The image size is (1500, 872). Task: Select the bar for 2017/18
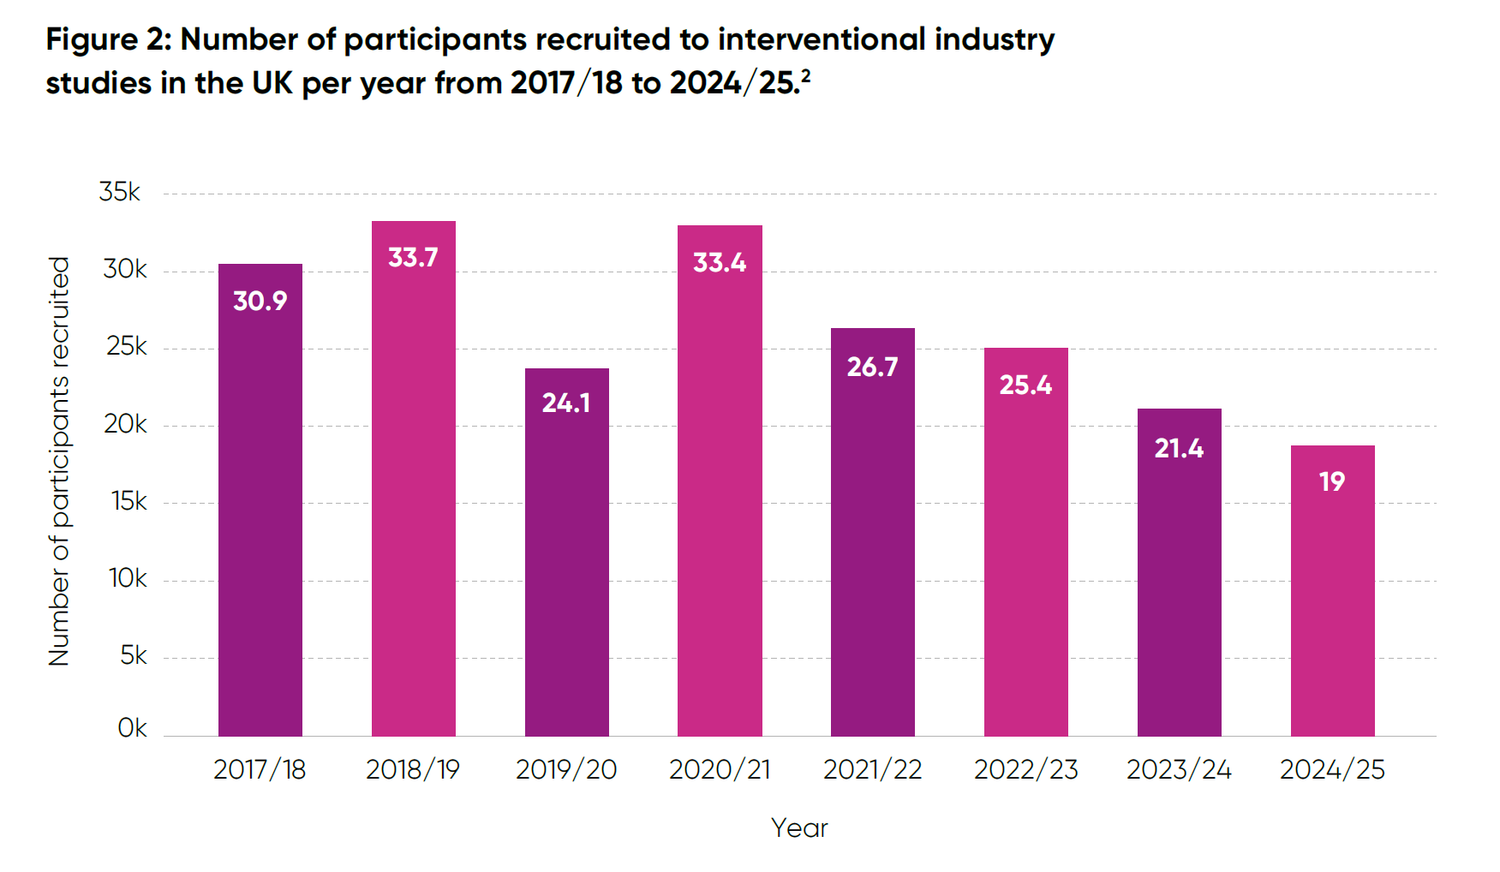[260, 514]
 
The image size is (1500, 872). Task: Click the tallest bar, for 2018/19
[413, 497]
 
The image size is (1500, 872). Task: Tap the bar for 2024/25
[1332, 600]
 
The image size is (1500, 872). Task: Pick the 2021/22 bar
[872, 548]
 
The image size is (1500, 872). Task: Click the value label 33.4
[720, 262]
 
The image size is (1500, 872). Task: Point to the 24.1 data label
[566, 403]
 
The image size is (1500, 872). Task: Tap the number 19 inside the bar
[1332, 481]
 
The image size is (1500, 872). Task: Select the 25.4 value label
[1025, 385]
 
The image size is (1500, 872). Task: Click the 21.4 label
[1179, 448]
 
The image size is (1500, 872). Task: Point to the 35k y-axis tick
[119, 192]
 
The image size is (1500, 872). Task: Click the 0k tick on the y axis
[132, 728]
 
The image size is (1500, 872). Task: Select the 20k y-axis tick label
[125, 424]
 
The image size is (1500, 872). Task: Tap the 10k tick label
[128, 578]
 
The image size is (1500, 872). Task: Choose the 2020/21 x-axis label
[720, 769]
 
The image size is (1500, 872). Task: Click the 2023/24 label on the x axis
[1179, 769]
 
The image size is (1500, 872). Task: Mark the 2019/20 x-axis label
[566, 769]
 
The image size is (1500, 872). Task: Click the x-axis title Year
[799, 827]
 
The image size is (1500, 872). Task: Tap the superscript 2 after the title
[805, 75]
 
